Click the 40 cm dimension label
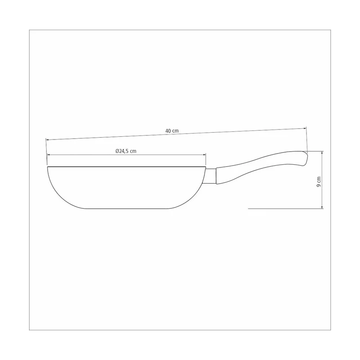pos(172,131)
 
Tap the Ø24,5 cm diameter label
pos(126,151)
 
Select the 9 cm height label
pos(319,182)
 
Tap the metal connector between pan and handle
pos(211,176)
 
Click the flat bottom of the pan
pos(127,208)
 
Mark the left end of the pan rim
pos(48,167)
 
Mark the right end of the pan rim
pos(206,167)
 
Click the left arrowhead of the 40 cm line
pos(47,139)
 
